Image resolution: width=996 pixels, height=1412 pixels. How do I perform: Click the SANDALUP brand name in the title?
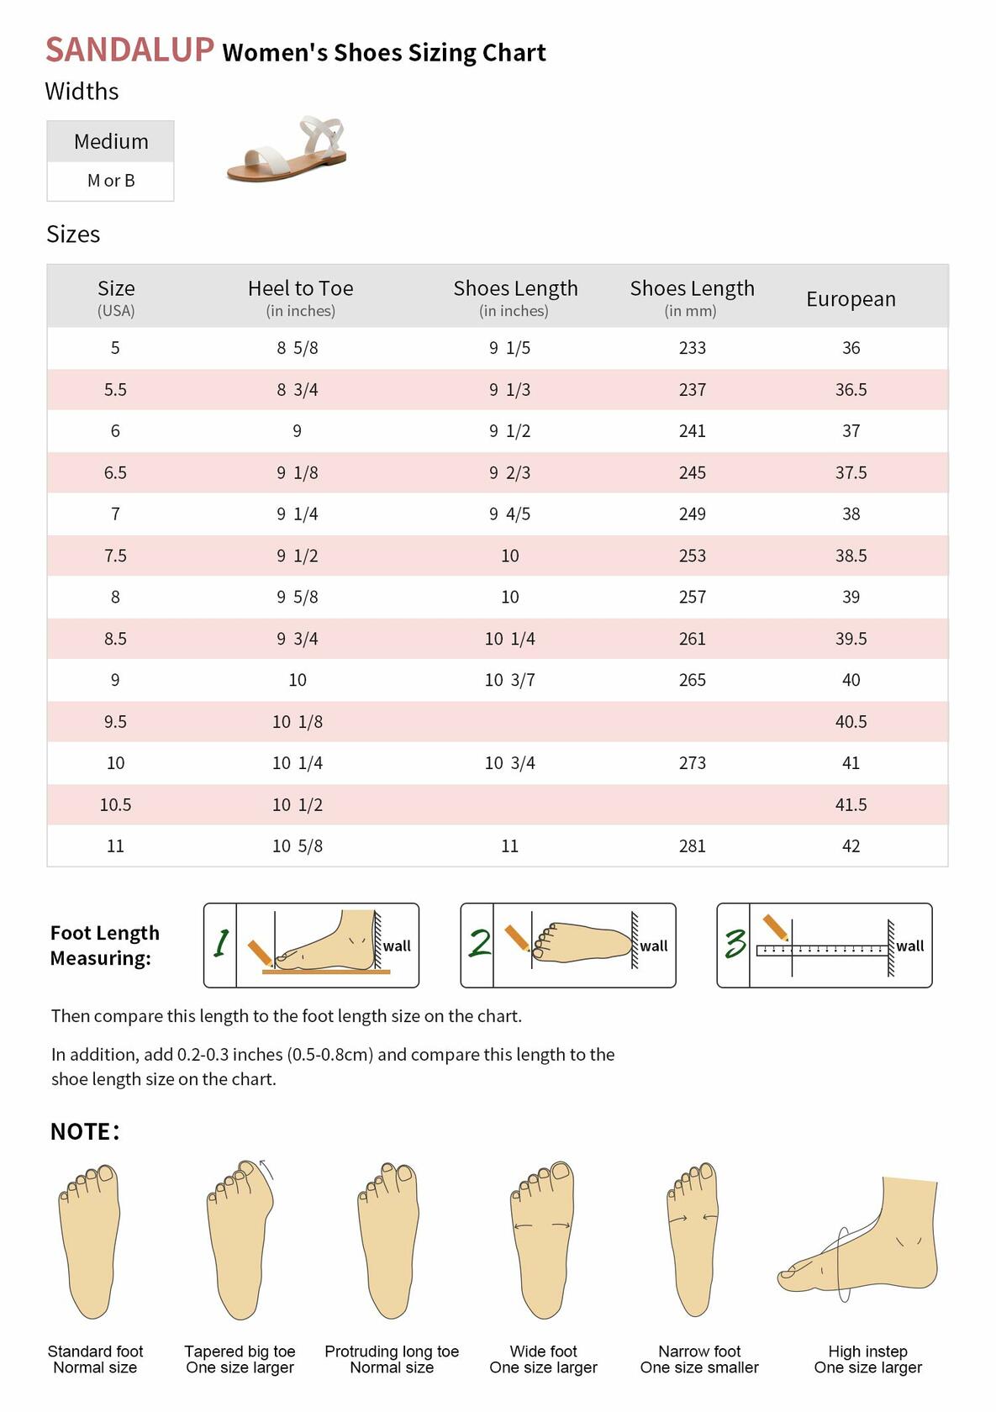129,50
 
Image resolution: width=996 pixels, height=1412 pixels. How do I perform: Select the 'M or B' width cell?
111,181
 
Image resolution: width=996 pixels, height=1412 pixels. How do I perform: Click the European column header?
851,299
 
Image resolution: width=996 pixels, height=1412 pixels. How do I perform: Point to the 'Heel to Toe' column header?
300,289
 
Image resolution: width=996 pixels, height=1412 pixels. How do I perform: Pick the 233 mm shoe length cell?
692,348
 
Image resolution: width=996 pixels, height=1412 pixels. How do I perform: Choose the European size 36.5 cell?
851,390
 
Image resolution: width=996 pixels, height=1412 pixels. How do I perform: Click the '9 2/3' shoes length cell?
509,473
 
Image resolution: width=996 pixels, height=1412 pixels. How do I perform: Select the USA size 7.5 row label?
115,556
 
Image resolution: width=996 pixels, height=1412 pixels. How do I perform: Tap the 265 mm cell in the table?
692,680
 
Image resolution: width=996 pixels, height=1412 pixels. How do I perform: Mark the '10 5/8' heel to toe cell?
297,846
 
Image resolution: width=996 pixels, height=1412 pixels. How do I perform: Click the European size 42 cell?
851,846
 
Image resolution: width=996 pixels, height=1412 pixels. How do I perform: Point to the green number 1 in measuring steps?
220,944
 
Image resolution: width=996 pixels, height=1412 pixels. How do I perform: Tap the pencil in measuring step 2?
516,936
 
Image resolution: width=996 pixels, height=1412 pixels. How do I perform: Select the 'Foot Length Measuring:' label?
104,946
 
